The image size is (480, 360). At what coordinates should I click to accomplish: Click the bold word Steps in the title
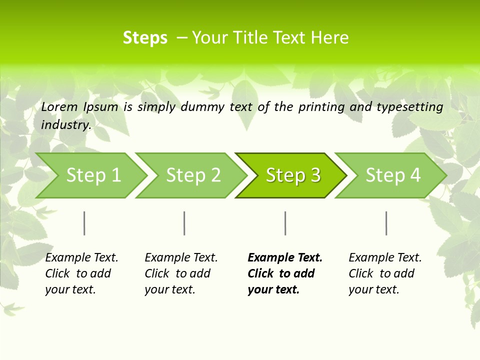pyautogui.click(x=145, y=38)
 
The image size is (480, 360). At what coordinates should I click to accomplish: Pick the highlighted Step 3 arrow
pyautogui.click(x=293, y=175)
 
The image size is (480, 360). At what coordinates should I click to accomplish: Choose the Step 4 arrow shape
pyautogui.click(x=393, y=175)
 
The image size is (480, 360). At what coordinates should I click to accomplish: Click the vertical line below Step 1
pyautogui.click(x=84, y=223)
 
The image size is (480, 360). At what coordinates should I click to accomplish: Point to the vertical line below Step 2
pyautogui.click(x=184, y=223)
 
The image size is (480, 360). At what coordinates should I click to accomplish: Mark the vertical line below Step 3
pyautogui.click(x=285, y=223)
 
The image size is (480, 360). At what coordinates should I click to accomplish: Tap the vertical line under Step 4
pyautogui.click(x=386, y=223)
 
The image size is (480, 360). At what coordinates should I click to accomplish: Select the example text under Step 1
pyautogui.click(x=81, y=273)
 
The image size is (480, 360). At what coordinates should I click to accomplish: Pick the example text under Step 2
pyautogui.click(x=180, y=273)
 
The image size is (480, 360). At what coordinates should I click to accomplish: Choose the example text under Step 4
pyautogui.click(x=384, y=273)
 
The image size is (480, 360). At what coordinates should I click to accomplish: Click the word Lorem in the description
pyautogui.click(x=59, y=106)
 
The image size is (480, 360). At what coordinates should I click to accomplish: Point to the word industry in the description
pyautogui.click(x=66, y=125)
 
